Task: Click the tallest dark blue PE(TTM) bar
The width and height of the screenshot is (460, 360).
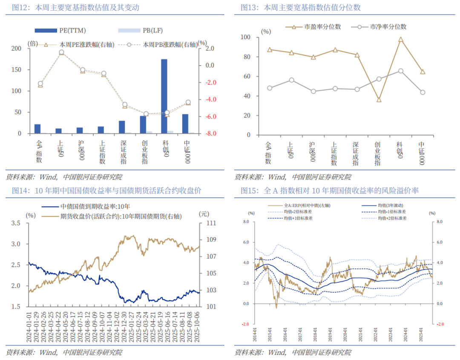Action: (164, 96)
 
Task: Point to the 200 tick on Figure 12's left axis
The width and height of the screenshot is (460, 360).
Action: (16, 49)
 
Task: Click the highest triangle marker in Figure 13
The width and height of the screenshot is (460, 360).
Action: (401, 40)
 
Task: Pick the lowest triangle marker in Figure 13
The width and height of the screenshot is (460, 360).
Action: (379, 100)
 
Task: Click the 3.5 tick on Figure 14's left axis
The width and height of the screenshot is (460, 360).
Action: (16, 223)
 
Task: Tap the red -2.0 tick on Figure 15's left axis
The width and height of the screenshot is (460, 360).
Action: (245, 324)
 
